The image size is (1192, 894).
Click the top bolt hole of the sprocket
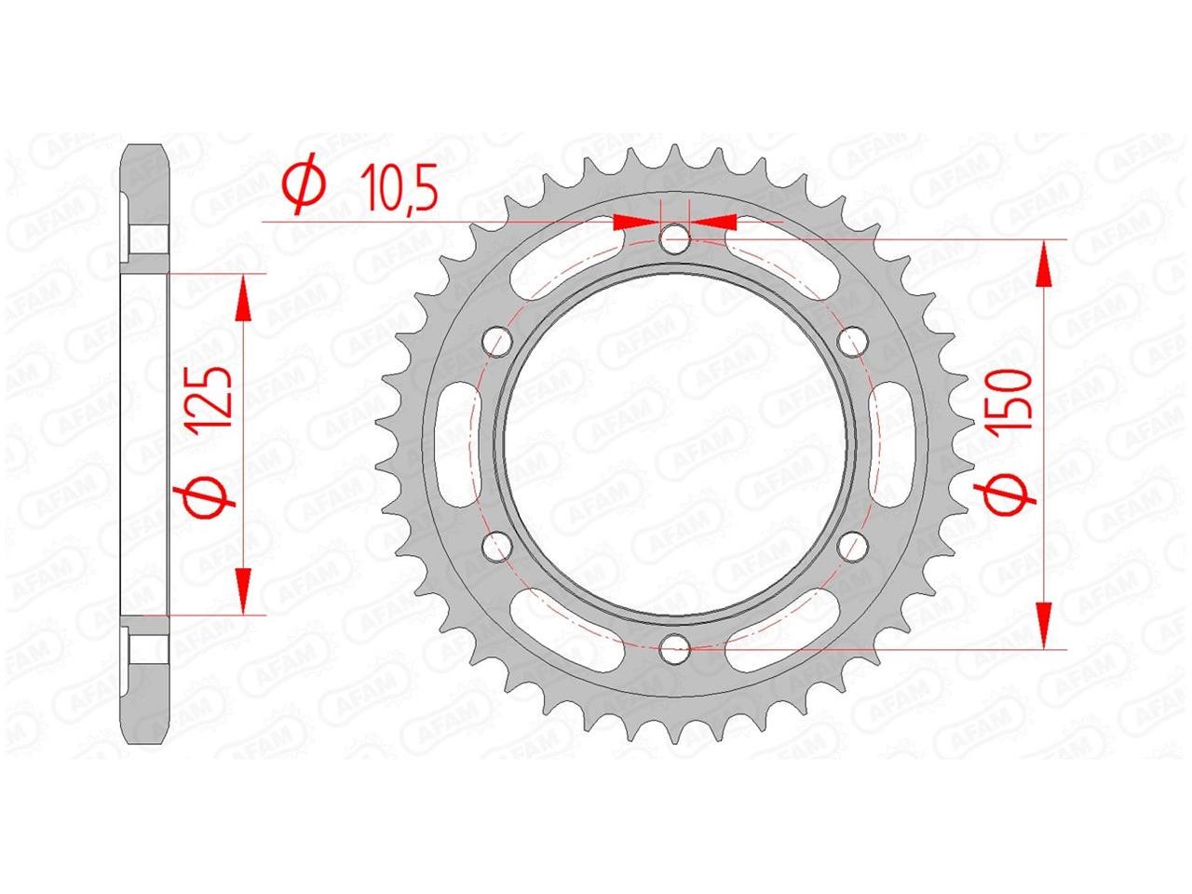[x=674, y=238]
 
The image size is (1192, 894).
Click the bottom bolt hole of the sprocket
[x=674, y=648]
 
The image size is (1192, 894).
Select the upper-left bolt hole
[x=497, y=340]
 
